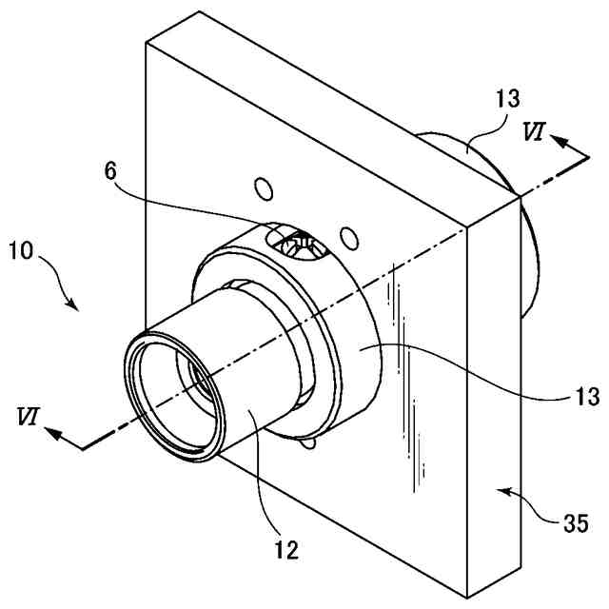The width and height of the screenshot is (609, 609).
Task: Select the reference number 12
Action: [x=285, y=549]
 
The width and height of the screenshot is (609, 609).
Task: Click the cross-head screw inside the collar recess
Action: [x=300, y=246]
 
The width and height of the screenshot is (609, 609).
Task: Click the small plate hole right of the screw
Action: [x=349, y=234]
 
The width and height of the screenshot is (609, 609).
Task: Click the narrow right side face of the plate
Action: [x=495, y=400]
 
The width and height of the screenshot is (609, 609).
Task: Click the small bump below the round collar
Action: [x=307, y=442]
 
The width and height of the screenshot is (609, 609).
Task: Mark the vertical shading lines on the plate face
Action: [x=407, y=381]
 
